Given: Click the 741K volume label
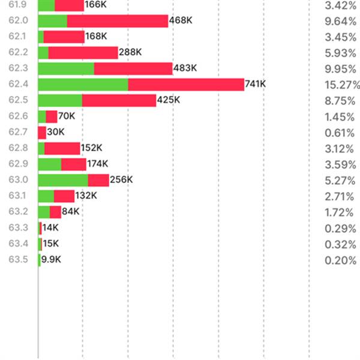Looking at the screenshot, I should click(255, 85).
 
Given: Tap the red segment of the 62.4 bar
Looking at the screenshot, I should click(186, 85).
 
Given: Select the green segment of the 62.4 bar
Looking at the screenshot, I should click(83, 85).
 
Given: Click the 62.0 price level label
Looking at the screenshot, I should click(18, 21).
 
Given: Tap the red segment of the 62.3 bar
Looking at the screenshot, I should click(133, 68).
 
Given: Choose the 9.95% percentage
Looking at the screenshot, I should click(340, 68).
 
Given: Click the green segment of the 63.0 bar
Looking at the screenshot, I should click(63, 180).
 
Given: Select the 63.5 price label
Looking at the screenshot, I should click(18, 260).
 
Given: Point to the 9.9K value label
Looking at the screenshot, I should click(51, 260).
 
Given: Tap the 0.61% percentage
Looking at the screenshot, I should click(340, 133).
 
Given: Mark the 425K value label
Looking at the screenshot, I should click(168, 100).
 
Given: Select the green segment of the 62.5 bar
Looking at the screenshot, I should click(60, 100).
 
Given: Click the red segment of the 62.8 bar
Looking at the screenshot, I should click(62, 148).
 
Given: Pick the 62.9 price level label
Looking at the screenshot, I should click(18, 164).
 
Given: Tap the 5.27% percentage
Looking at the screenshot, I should click(340, 180).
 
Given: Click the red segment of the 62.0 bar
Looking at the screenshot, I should click(118, 21).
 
